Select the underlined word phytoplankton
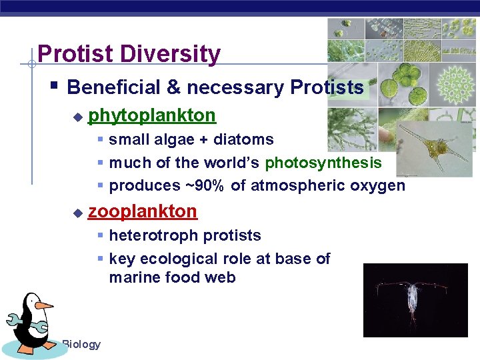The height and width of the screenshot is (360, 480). pyautogui.click(x=152, y=115)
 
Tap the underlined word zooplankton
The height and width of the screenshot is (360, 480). pyautogui.click(x=143, y=211)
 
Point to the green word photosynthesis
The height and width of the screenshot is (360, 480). pyautogui.click(x=323, y=163)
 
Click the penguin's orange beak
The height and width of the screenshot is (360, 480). pyautogui.click(x=44, y=305)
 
